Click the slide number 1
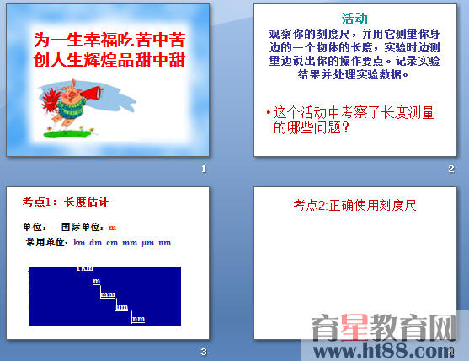click(x=203, y=170)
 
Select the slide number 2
click(x=451, y=170)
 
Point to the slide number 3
click(x=203, y=351)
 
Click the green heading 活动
click(x=354, y=19)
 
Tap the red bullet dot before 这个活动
click(x=268, y=111)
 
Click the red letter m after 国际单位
click(x=112, y=227)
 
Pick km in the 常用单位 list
click(x=80, y=243)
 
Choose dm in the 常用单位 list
click(x=96, y=243)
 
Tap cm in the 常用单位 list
click(x=112, y=243)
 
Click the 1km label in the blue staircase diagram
click(x=85, y=269)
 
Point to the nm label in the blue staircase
click(x=138, y=319)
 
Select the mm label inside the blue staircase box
click(x=107, y=294)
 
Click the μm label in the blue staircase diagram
click(x=121, y=307)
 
